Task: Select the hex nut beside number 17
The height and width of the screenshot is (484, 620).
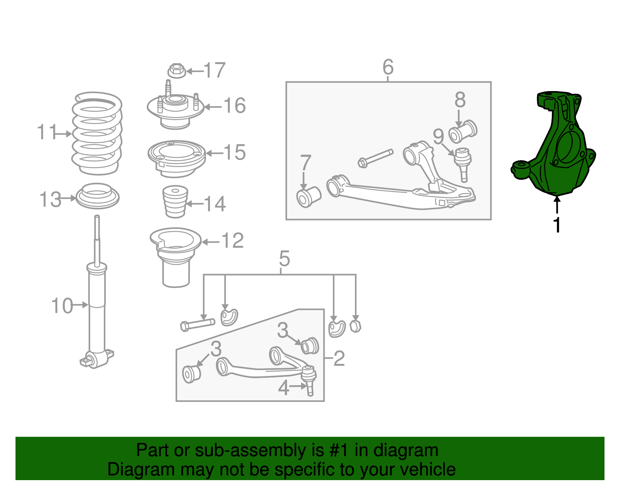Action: coord(176,71)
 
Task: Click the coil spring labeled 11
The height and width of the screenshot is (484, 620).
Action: coord(97,133)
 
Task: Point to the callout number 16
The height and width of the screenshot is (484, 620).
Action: coord(234,105)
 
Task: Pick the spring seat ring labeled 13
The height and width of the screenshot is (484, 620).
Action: coord(97,196)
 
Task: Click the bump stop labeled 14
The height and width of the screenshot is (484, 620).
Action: coord(175,202)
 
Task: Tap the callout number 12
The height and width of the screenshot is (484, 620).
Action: coord(233,240)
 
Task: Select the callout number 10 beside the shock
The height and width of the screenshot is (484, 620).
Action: coord(62,306)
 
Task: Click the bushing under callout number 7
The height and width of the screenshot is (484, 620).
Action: coord(309,197)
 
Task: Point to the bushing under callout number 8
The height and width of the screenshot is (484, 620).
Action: coord(463,131)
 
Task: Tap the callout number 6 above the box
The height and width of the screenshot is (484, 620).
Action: coord(388,67)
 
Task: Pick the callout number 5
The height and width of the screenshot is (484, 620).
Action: coord(284,258)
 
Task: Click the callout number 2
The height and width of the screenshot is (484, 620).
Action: coord(339,358)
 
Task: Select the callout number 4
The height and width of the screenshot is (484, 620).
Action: coord(284,388)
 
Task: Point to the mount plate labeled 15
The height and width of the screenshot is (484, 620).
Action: coord(177,158)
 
